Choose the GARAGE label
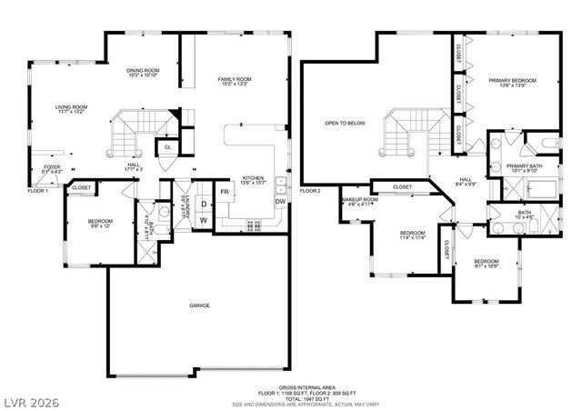click(x=199, y=306)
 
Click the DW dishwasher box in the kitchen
click(x=280, y=201)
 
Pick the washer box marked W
click(x=204, y=220)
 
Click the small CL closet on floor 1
click(x=168, y=146)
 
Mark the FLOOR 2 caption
click(x=311, y=191)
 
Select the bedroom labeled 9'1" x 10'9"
click(x=486, y=264)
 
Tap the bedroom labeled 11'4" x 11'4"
click(x=413, y=236)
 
